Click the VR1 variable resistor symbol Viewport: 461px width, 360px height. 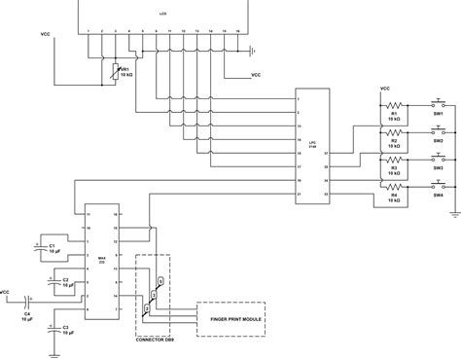(115, 71)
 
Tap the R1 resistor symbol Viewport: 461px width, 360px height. (395, 105)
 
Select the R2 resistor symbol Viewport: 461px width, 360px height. (395, 132)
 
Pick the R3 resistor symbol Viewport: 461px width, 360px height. (395, 160)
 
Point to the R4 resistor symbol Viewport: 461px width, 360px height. (395, 186)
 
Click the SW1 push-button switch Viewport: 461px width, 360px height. (437, 103)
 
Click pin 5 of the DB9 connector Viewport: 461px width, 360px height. (161, 279)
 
